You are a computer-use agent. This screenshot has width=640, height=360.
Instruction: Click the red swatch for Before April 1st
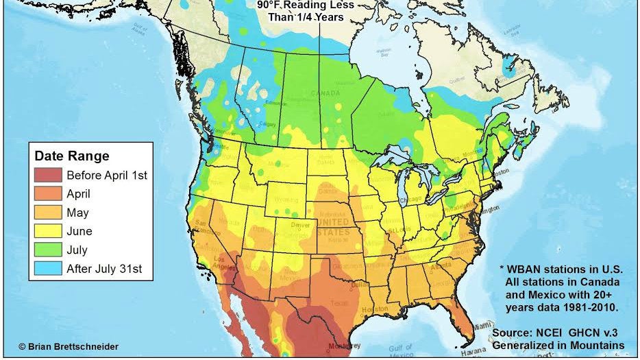tap(48, 175)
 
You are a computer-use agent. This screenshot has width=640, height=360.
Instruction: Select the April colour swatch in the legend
tap(48, 193)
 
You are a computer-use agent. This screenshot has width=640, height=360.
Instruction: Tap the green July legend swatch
tap(48, 250)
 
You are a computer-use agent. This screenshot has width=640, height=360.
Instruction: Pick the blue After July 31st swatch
tap(48, 269)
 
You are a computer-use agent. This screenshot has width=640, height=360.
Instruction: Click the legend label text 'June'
tap(79, 231)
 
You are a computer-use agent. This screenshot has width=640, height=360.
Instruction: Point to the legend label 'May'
tap(77, 213)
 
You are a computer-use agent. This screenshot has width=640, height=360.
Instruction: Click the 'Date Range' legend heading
tap(72, 156)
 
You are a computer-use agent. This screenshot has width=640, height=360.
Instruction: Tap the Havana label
tap(470, 352)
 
